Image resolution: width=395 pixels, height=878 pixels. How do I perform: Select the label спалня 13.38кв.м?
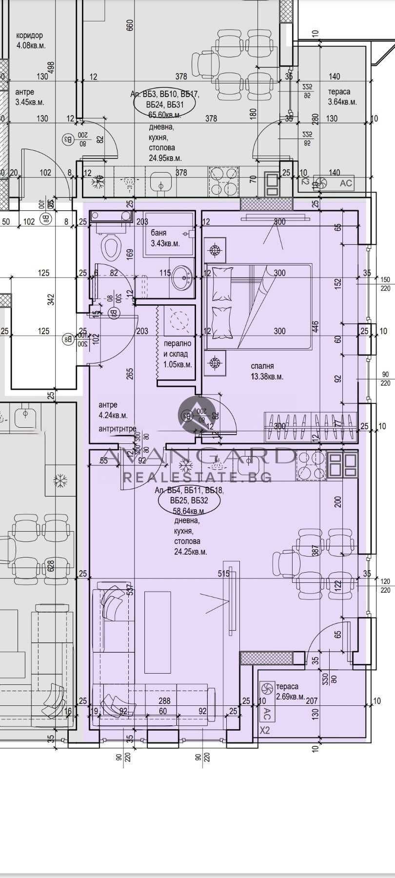[x=267, y=371]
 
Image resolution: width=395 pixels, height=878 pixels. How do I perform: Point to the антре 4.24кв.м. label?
[x=113, y=410]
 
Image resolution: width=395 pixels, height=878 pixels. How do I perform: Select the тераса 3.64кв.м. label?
[x=342, y=97]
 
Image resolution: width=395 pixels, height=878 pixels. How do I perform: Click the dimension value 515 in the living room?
[x=224, y=574]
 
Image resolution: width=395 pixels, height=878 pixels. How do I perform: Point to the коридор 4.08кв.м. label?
[x=30, y=40]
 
